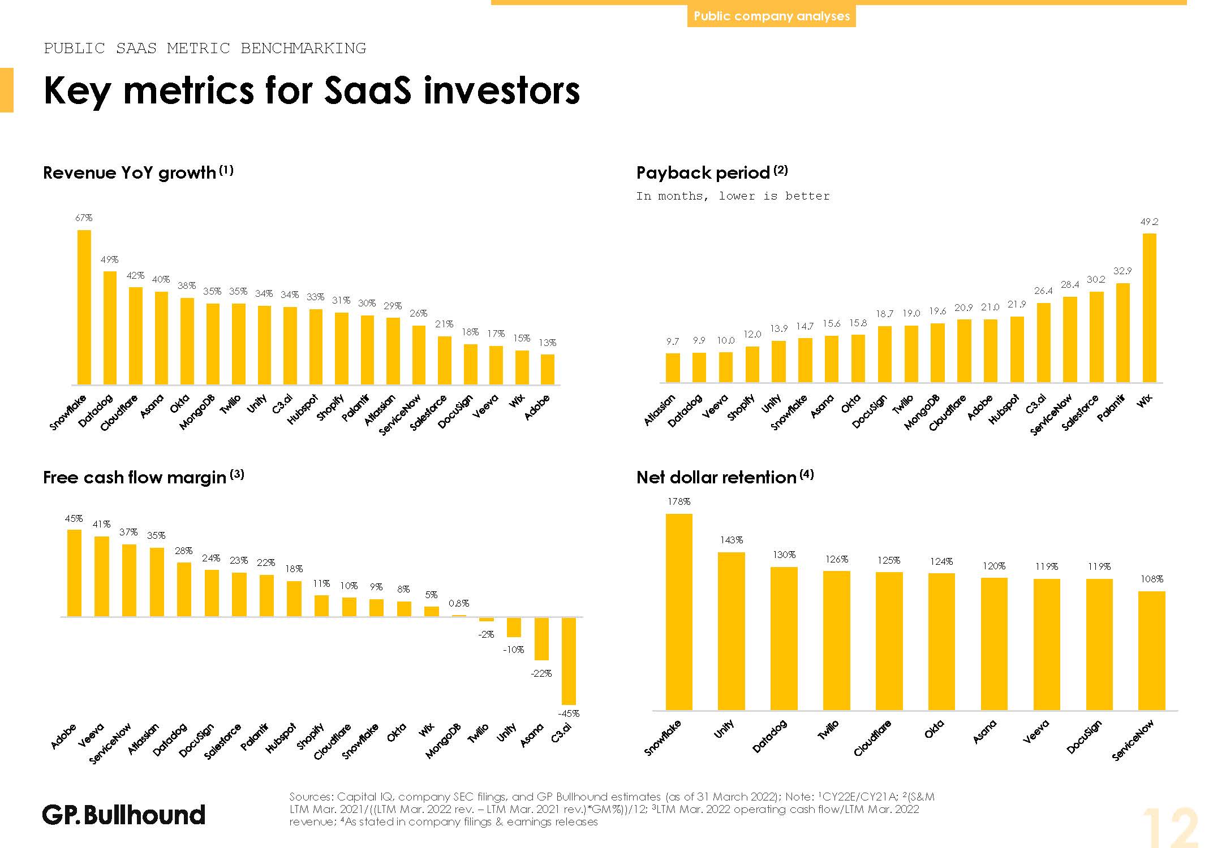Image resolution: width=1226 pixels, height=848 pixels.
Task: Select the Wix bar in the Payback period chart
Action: (x=1149, y=308)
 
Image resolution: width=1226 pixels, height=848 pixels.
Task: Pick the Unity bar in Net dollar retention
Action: (x=731, y=630)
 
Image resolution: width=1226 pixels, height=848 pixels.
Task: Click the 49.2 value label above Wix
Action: (x=1149, y=222)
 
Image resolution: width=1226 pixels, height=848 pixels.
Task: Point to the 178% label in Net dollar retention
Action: (x=679, y=502)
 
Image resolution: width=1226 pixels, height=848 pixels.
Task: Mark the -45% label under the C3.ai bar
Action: (x=569, y=714)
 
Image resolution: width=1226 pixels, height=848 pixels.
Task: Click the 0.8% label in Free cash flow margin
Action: (x=459, y=604)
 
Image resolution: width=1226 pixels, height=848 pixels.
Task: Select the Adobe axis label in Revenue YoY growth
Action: (x=537, y=407)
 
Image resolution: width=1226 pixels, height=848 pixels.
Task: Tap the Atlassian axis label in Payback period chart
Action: (x=660, y=410)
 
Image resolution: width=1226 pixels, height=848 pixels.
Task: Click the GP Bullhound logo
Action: (x=124, y=815)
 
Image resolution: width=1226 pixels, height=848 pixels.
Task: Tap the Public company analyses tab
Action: (x=771, y=16)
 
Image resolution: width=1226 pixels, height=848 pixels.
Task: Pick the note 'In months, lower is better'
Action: (x=733, y=196)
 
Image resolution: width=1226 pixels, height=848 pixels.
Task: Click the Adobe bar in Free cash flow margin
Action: (x=74, y=573)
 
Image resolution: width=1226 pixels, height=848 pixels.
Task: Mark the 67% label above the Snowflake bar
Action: (x=84, y=218)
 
